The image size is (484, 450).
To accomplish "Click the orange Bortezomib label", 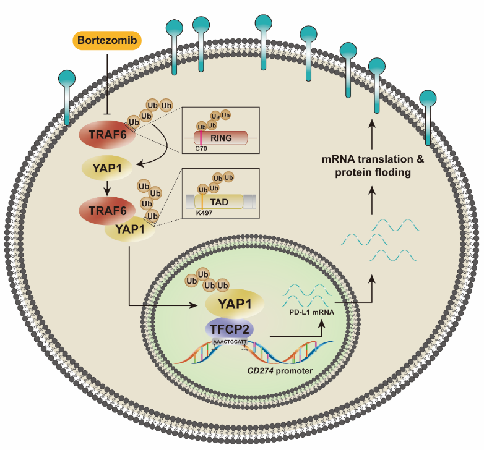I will click(x=107, y=40).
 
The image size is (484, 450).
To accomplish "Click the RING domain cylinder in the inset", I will click(x=222, y=138).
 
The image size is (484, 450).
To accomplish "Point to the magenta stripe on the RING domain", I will click(x=201, y=138).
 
